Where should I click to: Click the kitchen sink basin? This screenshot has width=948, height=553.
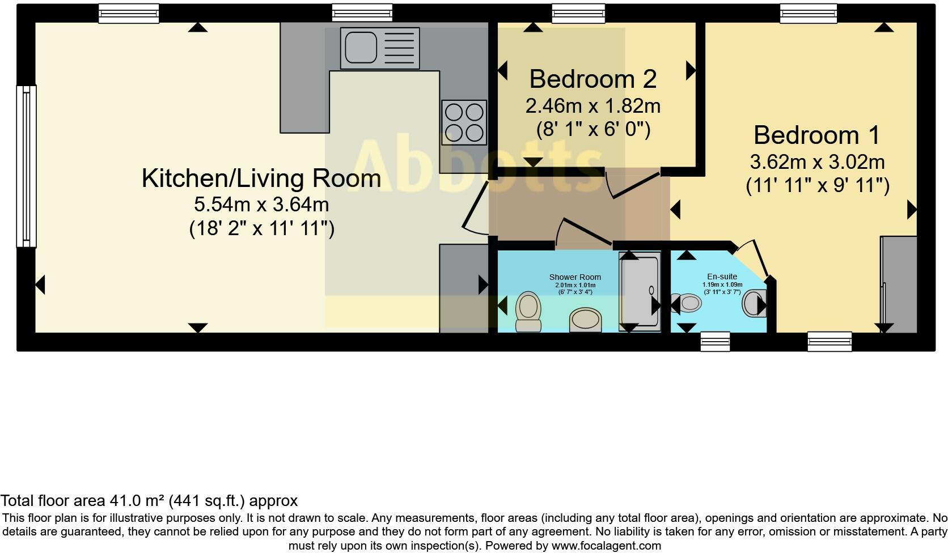(361, 48)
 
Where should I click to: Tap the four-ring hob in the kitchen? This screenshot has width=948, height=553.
(464, 122)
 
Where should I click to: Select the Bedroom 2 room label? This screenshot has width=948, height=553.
(593, 79)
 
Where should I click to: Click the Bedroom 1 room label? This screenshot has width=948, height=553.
(817, 135)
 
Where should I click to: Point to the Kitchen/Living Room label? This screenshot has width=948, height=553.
(261, 178)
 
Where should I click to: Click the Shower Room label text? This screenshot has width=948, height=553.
(575, 277)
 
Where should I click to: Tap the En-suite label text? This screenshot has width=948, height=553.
(722, 276)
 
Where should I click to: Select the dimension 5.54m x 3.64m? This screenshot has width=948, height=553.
(261, 205)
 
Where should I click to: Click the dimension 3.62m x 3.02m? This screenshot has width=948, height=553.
(818, 162)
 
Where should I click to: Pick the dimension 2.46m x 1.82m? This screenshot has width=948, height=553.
(593, 106)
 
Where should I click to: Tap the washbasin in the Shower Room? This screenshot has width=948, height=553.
(586, 320)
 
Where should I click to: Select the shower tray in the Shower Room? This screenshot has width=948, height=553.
(640, 291)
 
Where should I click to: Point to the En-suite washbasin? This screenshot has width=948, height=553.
(754, 303)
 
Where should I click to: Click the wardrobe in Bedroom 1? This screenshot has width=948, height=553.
(899, 284)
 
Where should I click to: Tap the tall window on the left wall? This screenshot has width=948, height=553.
(26, 166)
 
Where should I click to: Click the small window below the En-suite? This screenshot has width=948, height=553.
(715, 342)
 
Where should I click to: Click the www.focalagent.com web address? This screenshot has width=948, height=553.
(606, 546)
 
